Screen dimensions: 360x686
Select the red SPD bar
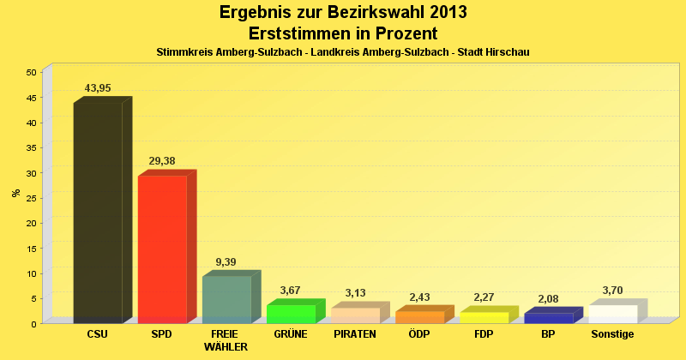coord(162,249)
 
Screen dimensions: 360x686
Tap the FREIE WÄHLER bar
coord(226,299)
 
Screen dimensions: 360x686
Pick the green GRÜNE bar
coord(291,314)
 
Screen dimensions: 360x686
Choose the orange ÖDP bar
coord(419,317)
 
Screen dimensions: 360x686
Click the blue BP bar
coord(548,318)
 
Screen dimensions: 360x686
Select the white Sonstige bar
coord(612,314)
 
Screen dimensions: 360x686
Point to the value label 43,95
coord(98,87)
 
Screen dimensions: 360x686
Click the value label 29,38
coord(162,160)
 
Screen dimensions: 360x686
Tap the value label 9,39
coord(226,261)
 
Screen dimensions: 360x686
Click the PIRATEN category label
coord(355,334)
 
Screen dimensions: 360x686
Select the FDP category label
coord(484,334)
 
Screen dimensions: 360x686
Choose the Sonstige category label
coord(612,334)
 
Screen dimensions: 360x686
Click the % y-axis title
coord(16,193)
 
